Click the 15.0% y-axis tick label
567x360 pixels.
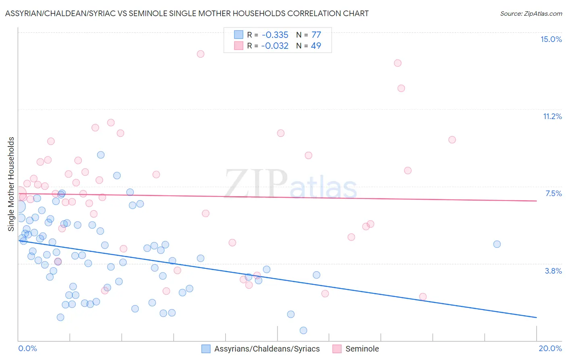tap(551, 39)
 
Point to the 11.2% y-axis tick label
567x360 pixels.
tap(552, 116)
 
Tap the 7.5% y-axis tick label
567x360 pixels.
tap(553, 193)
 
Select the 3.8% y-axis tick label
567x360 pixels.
tap(553, 271)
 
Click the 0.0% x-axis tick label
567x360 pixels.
tap(28, 348)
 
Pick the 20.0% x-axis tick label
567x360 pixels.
tap(550, 348)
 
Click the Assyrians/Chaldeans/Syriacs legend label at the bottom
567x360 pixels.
tap(267, 349)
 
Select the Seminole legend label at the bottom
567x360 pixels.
tap(362, 349)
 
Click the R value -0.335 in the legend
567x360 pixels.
tap(275, 35)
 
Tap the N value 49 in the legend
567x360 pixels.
tap(316, 46)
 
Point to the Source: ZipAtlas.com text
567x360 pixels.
tap(531, 13)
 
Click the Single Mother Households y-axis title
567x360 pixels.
tap(11, 184)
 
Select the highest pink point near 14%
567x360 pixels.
tap(200, 54)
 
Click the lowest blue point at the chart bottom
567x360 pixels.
tap(303, 330)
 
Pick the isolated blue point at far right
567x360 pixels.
tap(497, 244)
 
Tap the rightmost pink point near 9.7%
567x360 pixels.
tap(452, 140)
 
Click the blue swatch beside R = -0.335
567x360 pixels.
tap(239, 35)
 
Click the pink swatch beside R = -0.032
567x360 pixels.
tap(239, 46)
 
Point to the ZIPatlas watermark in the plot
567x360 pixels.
tap(290, 184)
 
